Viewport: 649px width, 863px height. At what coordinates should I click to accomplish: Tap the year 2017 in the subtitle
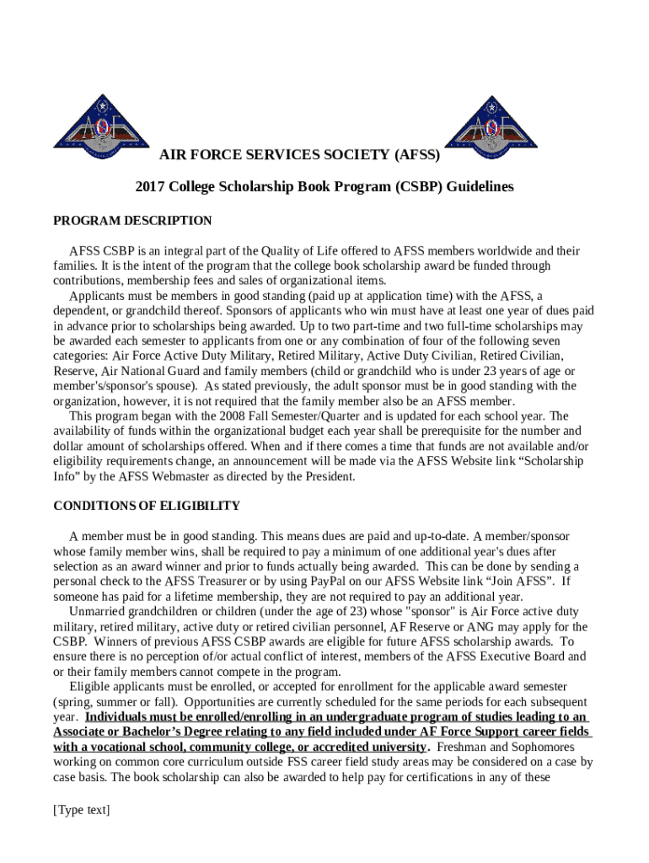click(x=149, y=186)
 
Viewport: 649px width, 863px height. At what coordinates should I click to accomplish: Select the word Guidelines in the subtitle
click(x=480, y=186)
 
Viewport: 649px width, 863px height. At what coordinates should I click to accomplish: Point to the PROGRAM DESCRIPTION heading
click(x=132, y=221)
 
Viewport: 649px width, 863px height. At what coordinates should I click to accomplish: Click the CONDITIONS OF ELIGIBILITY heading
click(x=147, y=506)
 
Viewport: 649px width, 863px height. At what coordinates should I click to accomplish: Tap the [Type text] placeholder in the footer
click(x=82, y=810)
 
